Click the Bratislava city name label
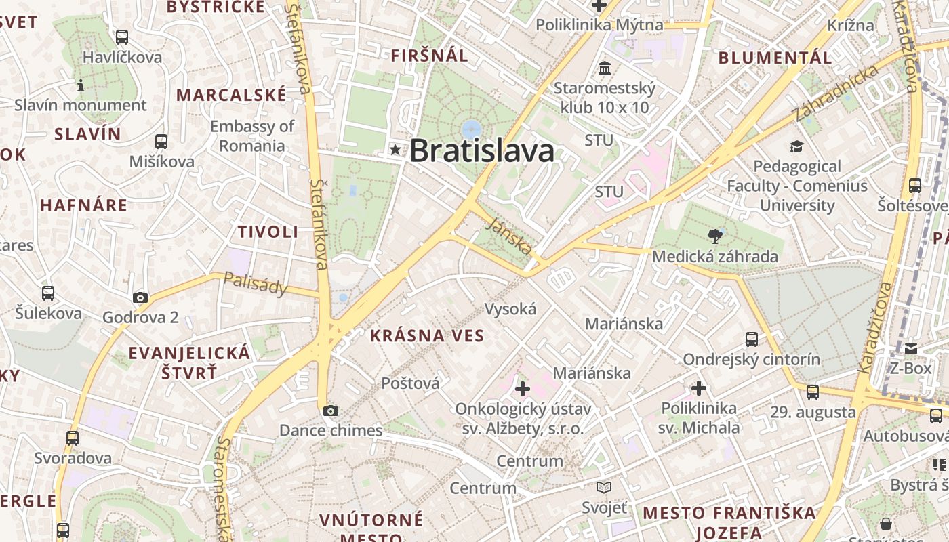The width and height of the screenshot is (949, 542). (x=482, y=151)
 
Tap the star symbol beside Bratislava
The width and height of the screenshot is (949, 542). (x=395, y=150)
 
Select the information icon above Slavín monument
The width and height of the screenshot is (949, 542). (x=81, y=85)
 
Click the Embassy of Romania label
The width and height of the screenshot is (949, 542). (x=252, y=135)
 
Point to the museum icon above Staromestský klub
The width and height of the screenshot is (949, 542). (x=605, y=68)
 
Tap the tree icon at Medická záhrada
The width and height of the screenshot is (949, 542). (x=714, y=236)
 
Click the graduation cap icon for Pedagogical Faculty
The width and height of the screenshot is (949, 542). (x=796, y=146)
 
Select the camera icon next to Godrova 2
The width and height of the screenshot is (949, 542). (x=140, y=297)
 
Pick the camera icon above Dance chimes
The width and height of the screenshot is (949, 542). (x=331, y=411)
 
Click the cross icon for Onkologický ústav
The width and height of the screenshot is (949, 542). (x=523, y=389)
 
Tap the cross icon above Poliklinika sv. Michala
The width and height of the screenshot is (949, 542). (x=699, y=388)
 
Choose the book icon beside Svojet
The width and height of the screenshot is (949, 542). (x=604, y=487)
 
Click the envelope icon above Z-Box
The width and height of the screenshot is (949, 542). (x=910, y=349)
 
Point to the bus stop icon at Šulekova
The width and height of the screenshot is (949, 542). (x=48, y=293)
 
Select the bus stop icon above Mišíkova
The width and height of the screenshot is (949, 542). (x=161, y=142)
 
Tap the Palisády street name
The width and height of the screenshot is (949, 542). (x=256, y=283)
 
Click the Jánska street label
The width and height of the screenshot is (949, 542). (x=508, y=236)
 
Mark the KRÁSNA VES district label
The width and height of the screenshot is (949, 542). (x=427, y=335)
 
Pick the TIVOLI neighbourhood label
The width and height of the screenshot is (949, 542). (x=268, y=232)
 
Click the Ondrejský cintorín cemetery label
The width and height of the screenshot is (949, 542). (x=751, y=359)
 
